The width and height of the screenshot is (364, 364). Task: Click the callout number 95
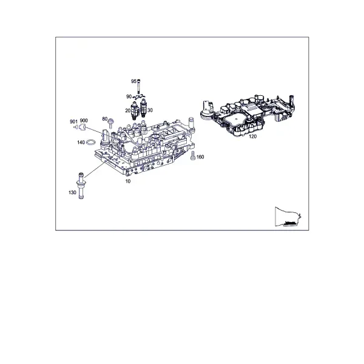click(133, 81)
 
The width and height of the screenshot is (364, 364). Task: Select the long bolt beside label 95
click(139, 86)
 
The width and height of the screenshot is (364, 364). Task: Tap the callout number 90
click(129, 96)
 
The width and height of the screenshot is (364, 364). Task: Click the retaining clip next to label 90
click(140, 96)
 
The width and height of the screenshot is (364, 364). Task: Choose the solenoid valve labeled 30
click(143, 108)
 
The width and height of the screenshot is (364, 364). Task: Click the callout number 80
click(105, 119)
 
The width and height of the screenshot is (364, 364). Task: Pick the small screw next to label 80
click(111, 123)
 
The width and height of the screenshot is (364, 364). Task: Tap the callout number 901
click(73, 122)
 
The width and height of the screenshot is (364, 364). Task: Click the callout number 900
click(84, 121)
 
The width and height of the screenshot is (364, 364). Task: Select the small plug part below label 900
click(82, 127)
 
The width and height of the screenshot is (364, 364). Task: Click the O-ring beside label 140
click(91, 142)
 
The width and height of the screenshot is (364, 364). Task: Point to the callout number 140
click(81, 143)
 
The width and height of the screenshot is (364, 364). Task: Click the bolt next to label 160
click(193, 155)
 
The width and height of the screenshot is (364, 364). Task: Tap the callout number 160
click(200, 157)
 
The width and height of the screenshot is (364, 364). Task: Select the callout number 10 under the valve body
click(128, 181)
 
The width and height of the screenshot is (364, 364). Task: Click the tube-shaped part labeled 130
click(81, 186)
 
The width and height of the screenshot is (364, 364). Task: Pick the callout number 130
click(72, 193)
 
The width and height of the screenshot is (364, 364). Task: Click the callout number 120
click(252, 136)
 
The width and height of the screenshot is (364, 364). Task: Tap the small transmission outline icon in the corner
click(288, 217)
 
